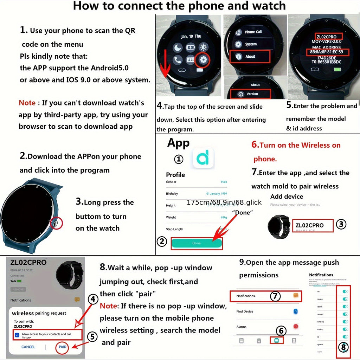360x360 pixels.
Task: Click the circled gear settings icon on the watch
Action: point(203,60)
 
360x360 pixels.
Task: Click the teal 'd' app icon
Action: point(204,159)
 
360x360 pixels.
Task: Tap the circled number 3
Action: point(341,225)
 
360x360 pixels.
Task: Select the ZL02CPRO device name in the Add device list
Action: point(310,225)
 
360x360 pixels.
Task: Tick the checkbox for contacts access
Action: point(17,335)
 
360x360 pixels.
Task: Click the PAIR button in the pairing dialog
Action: point(63,347)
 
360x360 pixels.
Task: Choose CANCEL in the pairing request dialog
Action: point(28,347)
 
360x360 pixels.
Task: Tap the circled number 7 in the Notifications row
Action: point(275,296)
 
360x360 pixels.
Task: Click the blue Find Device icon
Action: point(296,311)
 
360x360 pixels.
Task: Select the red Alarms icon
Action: point(296,327)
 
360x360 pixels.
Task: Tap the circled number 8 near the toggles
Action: point(343,347)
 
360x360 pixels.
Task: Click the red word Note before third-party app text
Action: point(27,103)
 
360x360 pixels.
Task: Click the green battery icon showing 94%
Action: point(19,281)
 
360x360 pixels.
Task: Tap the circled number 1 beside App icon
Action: point(179,159)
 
